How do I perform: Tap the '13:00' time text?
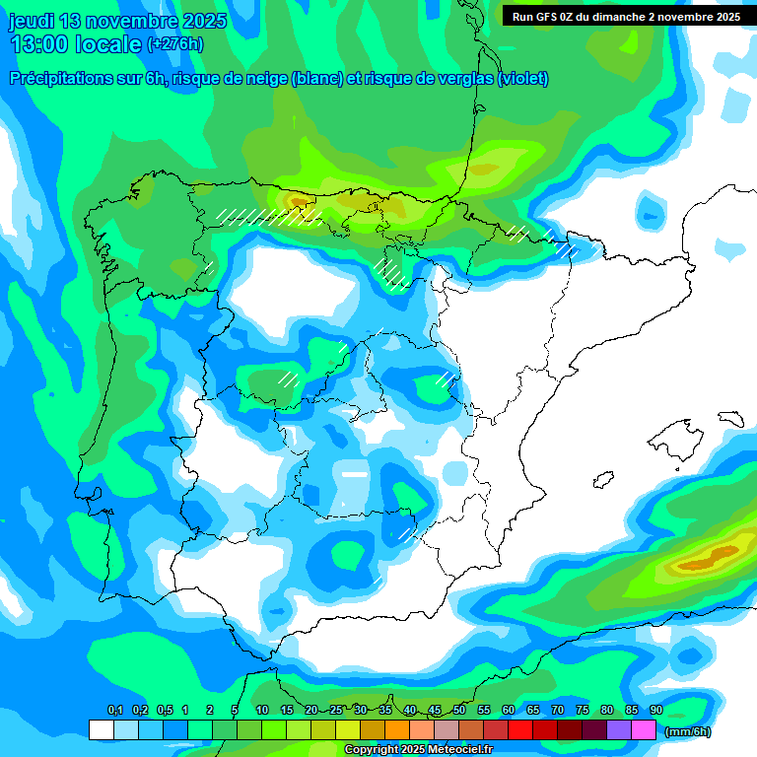[40, 44]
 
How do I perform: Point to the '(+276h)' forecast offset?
[175, 44]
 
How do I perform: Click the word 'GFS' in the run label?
[547, 17]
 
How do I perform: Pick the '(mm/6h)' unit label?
[687, 731]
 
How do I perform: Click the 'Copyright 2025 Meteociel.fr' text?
[418, 750]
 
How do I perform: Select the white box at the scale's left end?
[101, 730]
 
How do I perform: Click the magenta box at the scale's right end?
[644, 730]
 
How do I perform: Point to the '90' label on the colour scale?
[655, 711]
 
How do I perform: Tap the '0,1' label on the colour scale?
[114, 711]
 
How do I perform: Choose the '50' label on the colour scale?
[459, 711]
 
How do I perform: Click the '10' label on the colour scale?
[262, 711]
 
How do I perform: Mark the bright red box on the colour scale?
[520, 730]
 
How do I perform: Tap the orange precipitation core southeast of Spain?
[702, 560]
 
